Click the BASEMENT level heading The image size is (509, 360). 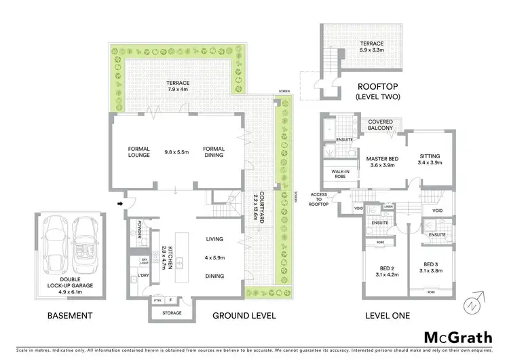coord(69,316)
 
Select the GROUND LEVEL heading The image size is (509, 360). coord(244,316)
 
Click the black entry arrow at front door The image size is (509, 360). coord(121,202)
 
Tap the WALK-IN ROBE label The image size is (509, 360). coord(341,175)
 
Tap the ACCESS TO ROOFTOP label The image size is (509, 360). coord(319,199)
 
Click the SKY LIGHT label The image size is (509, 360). coord(144,262)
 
